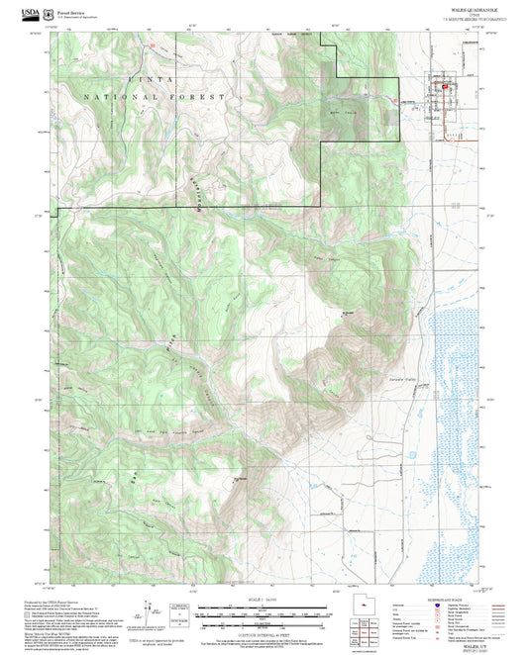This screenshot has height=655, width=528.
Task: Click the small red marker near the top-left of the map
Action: point(153,46)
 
